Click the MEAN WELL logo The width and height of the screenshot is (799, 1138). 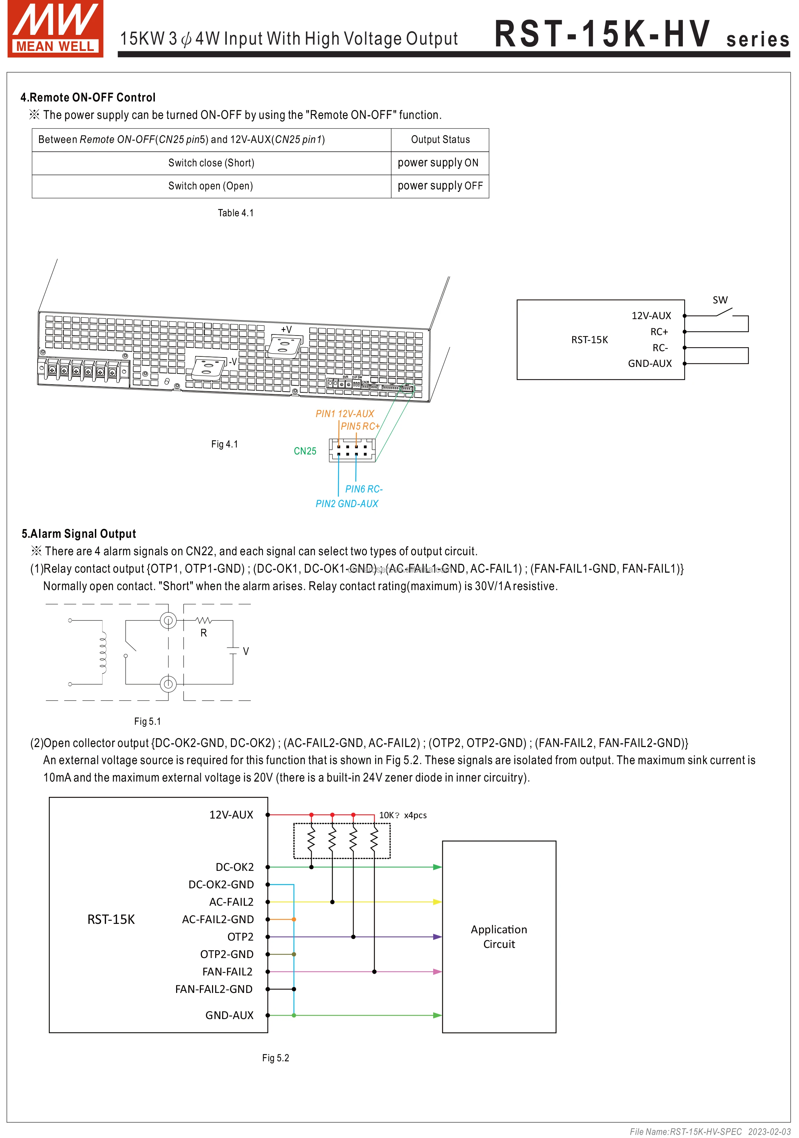coord(55,29)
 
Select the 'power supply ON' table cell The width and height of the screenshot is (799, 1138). coord(438,163)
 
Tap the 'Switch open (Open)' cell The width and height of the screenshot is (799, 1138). coord(211,186)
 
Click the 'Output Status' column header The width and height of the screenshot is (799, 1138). coord(440,140)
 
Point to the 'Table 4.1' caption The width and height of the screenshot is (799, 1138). coord(235,213)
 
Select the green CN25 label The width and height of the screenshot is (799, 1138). coord(305,451)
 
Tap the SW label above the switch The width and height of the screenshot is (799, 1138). coord(720,300)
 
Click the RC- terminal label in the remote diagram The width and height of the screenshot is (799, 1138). coord(660,348)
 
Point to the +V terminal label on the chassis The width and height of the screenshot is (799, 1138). coord(286,330)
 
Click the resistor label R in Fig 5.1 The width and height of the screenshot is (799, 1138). coord(203,633)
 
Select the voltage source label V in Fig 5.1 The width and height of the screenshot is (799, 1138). coord(246,651)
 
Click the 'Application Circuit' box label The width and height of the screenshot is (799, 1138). coord(499,936)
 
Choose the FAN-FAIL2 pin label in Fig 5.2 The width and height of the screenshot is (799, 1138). coord(227,971)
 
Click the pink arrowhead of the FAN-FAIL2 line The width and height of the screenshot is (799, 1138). coord(437,971)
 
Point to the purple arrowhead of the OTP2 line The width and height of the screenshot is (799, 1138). coord(437,937)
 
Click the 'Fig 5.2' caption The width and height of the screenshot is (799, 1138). coord(275,1058)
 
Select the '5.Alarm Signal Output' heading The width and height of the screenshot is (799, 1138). coord(78,534)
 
